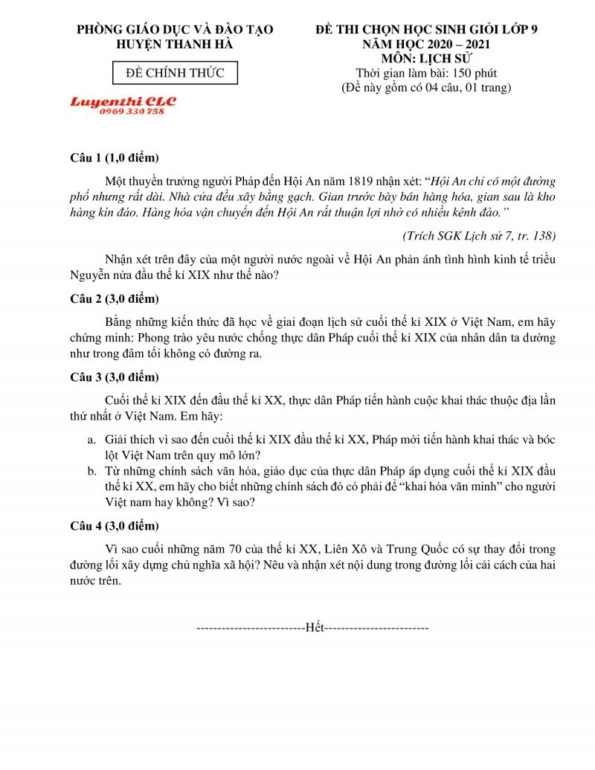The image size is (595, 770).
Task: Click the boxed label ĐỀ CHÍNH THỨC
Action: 175,73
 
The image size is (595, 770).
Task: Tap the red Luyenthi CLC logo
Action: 123,101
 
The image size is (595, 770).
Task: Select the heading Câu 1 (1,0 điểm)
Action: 115,158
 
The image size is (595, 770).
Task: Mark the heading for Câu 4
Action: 115,526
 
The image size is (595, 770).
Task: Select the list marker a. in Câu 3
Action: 91,440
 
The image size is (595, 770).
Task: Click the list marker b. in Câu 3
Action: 91,471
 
